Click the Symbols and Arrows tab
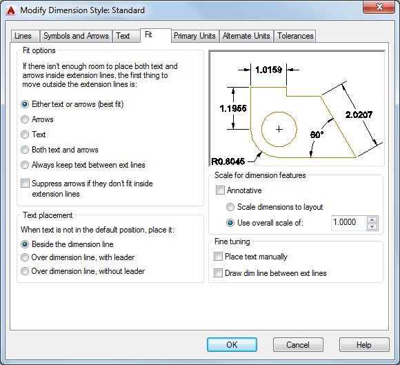point(76,36)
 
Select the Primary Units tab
point(194,36)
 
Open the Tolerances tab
point(295,36)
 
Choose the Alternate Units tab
point(246,36)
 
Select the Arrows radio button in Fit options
point(25,119)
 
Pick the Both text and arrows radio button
point(25,150)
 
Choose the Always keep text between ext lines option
point(25,165)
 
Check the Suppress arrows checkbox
point(25,184)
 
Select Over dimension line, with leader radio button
point(25,257)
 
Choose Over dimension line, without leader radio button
point(25,271)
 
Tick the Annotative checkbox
point(220,190)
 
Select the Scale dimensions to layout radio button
point(230,207)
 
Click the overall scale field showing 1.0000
point(348,223)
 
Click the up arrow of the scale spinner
point(372,220)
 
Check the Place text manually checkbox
point(218,257)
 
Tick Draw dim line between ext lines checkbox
point(218,273)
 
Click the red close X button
point(379,7)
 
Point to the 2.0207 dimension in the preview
point(359,115)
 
